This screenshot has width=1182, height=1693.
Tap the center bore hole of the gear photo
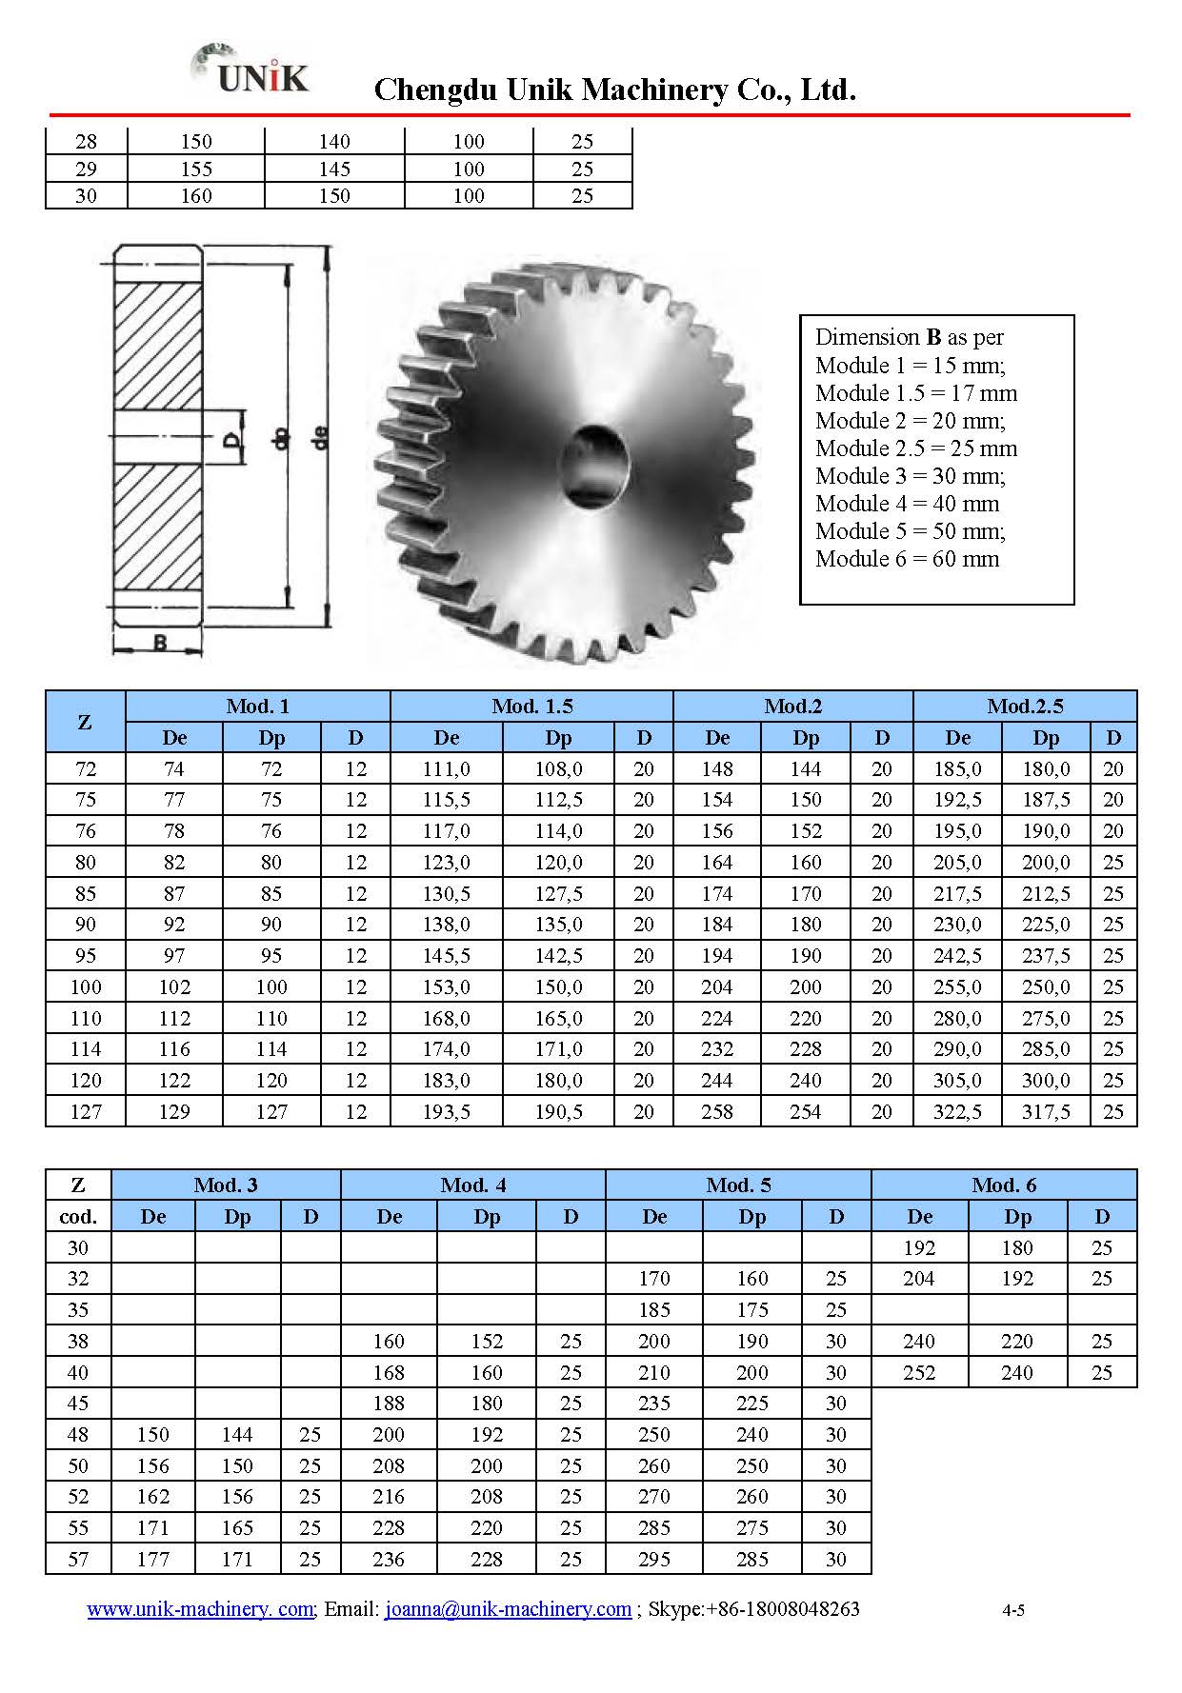click(594, 466)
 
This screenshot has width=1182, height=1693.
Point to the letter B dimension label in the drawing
click(160, 643)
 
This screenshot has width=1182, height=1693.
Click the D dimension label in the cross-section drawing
click(230, 440)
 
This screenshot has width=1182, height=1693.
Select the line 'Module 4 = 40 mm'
click(907, 504)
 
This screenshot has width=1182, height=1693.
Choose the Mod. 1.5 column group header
click(531, 707)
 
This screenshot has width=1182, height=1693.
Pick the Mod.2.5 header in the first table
click(1025, 707)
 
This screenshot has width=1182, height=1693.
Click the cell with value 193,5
click(446, 1111)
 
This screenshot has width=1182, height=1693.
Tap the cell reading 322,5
click(956, 1111)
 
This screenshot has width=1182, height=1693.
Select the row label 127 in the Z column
click(86, 1111)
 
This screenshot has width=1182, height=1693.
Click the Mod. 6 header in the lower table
click(1003, 1185)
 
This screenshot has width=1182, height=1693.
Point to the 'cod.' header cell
click(78, 1217)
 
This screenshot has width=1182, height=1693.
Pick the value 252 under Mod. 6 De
click(919, 1373)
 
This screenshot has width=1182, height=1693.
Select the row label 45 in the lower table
click(78, 1404)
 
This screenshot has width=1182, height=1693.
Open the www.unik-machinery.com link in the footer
click(200, 1609)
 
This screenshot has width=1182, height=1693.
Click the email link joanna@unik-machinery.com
click(508, 1609)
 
